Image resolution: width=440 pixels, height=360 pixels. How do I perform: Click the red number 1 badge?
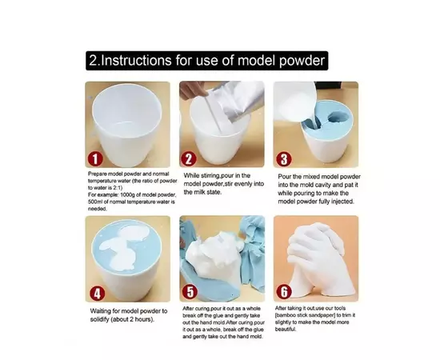point(95,159)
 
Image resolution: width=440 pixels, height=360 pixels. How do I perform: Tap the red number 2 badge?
point(189,159)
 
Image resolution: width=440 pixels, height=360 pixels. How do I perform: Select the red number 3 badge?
point(284,159)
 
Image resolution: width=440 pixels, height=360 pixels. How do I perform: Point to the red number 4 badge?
point(97,294)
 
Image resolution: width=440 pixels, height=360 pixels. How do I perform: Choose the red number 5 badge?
point(190,292)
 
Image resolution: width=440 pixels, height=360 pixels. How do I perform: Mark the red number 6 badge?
point(284,292)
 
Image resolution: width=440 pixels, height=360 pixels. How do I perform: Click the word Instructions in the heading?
point(136,60)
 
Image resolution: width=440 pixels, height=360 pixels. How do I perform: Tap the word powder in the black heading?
point(302,61)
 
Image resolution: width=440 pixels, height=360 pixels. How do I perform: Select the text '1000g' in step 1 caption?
point(128,194)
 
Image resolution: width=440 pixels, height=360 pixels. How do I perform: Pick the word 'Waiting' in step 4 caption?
point(101,311)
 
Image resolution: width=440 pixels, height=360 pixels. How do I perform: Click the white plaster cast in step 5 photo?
point(214,253)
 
